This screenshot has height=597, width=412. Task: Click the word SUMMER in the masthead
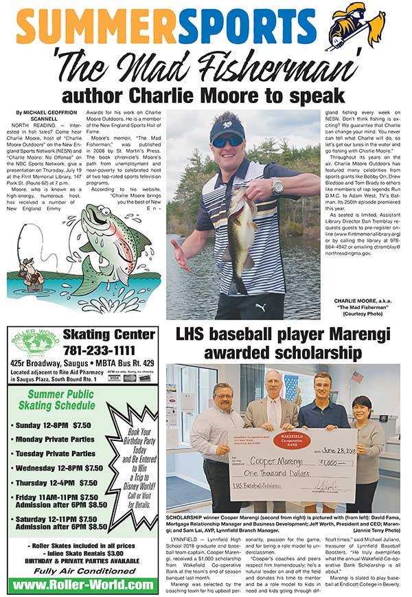pos(86,28)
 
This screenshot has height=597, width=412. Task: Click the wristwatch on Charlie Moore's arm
pos(277,186)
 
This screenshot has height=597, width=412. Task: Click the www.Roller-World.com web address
pos(82,584)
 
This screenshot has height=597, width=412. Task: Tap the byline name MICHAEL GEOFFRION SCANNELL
pos(41,115)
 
